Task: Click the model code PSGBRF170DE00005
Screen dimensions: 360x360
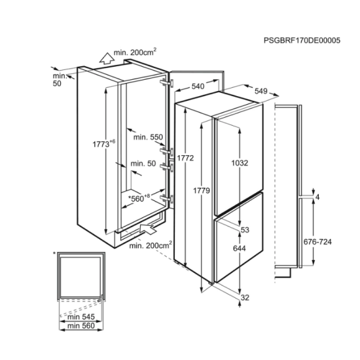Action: (302, 41)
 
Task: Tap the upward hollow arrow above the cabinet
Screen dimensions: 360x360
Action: (107, 58)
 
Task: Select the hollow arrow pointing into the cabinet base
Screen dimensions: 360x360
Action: (147, 229)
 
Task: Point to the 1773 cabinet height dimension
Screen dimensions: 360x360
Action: (103, 144)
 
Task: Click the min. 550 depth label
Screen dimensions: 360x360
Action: (148, 137)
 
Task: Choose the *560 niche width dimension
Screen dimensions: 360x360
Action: (139, 198)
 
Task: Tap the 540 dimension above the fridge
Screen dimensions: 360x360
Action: (198, 86)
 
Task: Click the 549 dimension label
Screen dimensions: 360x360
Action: (261, 91)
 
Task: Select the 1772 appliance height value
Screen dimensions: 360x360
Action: (185, 158)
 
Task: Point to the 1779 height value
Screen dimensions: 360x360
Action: (202, 190)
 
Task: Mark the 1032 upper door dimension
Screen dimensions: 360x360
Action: (240, 163)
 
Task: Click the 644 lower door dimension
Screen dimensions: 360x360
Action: (239, 248)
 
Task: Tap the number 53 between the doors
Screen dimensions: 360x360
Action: (245, 230)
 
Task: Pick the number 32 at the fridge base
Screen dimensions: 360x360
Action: (245, 298)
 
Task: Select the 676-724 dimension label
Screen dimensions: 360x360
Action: (317, 242)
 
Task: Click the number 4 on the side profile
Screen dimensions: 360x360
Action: (317, 197)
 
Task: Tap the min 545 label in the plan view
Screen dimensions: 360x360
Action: (81, 317)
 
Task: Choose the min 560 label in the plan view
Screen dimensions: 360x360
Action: (81, 326)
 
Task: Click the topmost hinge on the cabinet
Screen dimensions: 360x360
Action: (167, 82)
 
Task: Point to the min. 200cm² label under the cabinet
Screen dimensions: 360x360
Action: (151, 245)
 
